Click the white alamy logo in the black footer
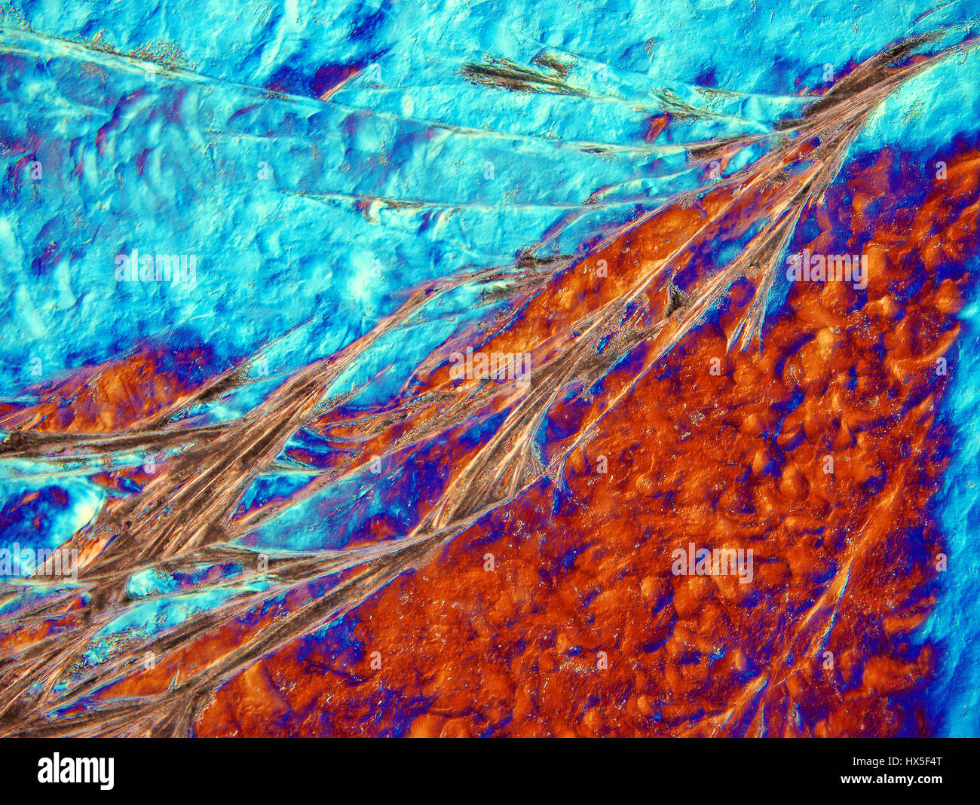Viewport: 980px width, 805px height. [x=75, y=771]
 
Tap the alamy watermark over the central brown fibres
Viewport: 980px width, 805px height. [x=489, y=367]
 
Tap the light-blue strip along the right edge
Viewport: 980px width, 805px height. [x=965, y=528]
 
